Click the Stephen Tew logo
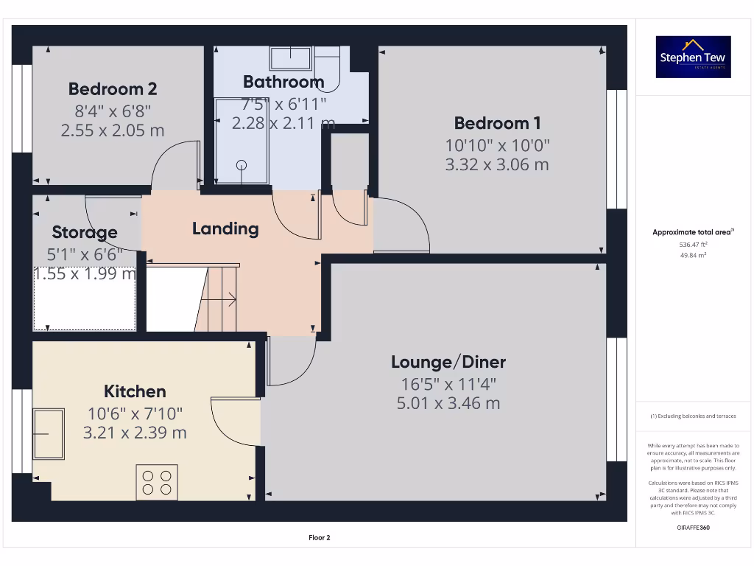pos(694,57)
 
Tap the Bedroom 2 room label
pos(113,89)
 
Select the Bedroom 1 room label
pos(496,123)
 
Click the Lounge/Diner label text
pos(448,362)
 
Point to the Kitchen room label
pos(135,391)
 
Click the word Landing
pos(225,228)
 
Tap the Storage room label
pos(85,233)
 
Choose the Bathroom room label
pos(283,81)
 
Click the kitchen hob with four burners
pos(157,482)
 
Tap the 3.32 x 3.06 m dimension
pos(496,164)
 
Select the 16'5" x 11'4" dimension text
pos(448,383)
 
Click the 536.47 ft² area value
pos(693,244)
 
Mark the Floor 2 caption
pos(319,538)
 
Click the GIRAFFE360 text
pos(693,528)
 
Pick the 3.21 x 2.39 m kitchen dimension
pos(135,433)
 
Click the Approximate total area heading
pos(693,232)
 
